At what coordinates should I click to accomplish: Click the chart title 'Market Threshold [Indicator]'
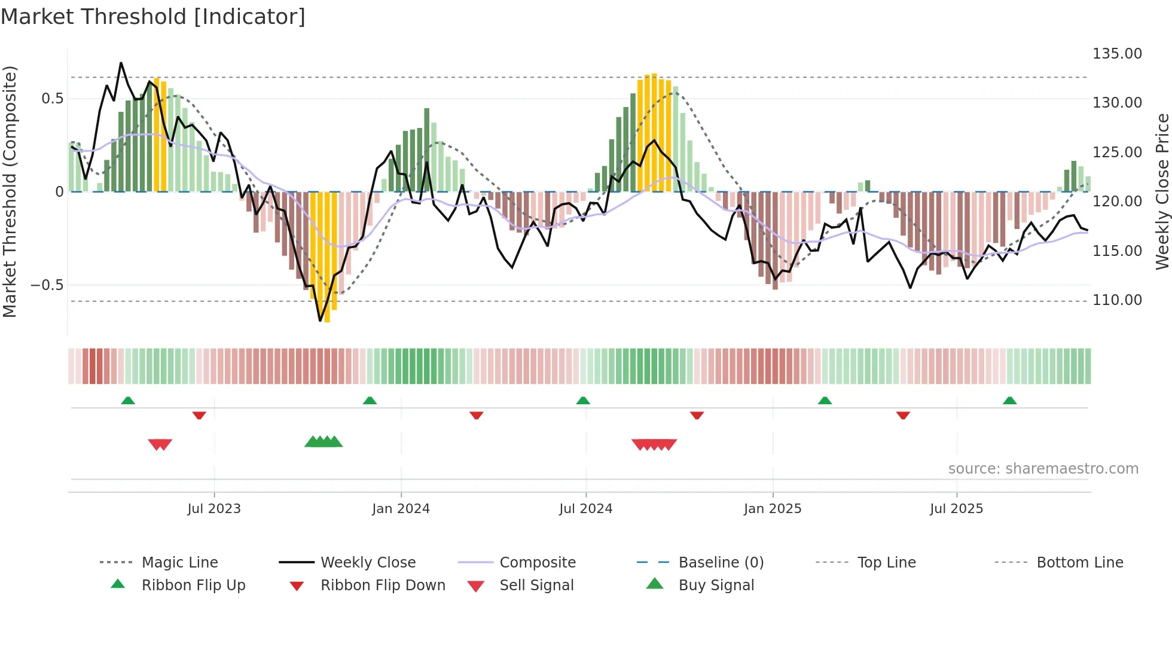pyautogui.click(x=153, y=17)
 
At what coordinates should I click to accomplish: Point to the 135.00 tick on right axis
pyautogui.click(x=1117, y=54)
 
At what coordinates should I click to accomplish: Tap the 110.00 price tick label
pyautogui.click(x=1117, y=300)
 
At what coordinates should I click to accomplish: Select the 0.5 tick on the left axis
pyautogui.click(x=53, y=99)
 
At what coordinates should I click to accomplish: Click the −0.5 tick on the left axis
pyautogui.click(x=48, y=285)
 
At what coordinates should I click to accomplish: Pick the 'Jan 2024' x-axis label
pyautogui.click(x=401, y=509)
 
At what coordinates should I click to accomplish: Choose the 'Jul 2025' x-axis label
pyautogui.click(x=956, y=509)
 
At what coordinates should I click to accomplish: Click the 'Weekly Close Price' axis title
pyautogui.click(x=1162, y=191)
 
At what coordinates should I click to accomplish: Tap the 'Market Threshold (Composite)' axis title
pyautogui.click(x=10, y=191)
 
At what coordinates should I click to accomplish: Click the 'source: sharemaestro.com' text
pyautogui.click(x=1043, y=469)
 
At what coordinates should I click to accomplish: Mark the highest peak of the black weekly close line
pyautogui.click(x=121, y=63)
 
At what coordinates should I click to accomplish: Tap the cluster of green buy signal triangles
pyautogui.click(x=323, y=443)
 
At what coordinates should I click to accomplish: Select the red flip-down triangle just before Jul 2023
pyautogui.click(x=199, y=415)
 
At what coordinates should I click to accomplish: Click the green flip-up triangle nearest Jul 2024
pyautogui.click(x=583, y=401)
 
